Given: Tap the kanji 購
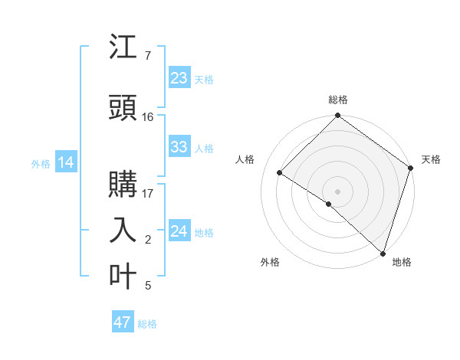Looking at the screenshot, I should point(123,185).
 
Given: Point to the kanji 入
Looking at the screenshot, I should point(123,230).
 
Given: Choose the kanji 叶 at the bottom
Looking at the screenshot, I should point(123,276).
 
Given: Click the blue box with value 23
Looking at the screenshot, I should point(179,78).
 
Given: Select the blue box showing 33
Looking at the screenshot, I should point(179,147).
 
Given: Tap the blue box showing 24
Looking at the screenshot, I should point(179,231).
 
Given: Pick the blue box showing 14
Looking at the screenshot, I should point(66,162).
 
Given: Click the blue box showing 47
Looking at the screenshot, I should point(123,322).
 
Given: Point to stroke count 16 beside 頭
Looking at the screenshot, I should point(148,117).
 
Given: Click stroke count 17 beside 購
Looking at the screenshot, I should point(148,193).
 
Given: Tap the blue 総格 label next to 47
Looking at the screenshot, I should point(147,323).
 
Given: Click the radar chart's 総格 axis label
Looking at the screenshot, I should point(338,100).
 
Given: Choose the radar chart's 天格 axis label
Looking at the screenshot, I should point(431,159).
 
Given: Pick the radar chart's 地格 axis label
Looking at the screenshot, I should point(402,262).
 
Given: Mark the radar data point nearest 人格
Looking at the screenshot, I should point(280,172).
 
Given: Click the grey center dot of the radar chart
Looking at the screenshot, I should point(337,191).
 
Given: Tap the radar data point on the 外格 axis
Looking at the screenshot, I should point(329,204).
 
